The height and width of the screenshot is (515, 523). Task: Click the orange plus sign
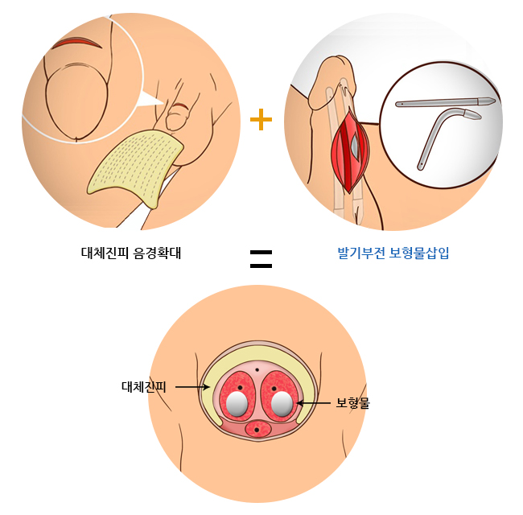click(x=261, y=119)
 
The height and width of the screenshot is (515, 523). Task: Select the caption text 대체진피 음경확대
click(x=132, y=252)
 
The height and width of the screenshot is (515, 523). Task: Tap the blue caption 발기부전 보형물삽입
click(x=393, y=252)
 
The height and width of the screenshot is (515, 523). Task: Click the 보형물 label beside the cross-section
click(x=352, y=402)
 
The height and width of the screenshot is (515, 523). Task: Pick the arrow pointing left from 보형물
click(x=314, y=402)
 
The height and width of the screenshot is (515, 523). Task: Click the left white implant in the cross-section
click(x=237, y=405)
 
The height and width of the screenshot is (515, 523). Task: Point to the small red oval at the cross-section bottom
click(x=257, y=430)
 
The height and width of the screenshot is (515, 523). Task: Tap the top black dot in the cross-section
click(x=257, y=369)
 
